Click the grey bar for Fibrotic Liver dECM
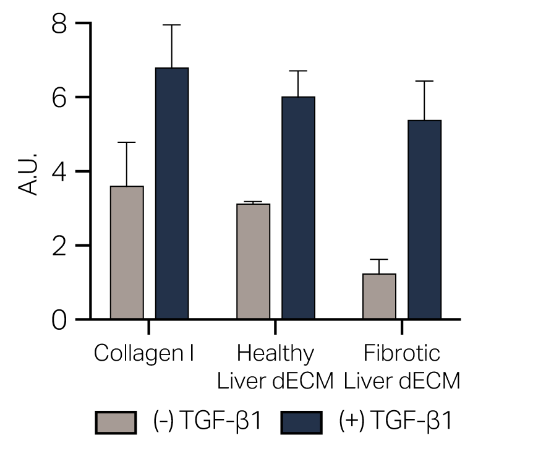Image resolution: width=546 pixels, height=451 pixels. (379, 296)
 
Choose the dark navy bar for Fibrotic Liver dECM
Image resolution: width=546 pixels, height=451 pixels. (424, 220)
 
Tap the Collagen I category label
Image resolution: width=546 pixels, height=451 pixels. (144, 354)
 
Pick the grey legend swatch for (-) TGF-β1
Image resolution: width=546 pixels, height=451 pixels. (116, 423)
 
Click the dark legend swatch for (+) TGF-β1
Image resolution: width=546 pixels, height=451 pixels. (302, 423)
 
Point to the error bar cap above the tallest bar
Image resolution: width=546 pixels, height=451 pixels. (172, 25)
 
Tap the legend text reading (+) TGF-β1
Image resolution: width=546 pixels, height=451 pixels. (396, 422)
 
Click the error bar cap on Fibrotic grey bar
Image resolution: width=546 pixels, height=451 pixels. (379, 259)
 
